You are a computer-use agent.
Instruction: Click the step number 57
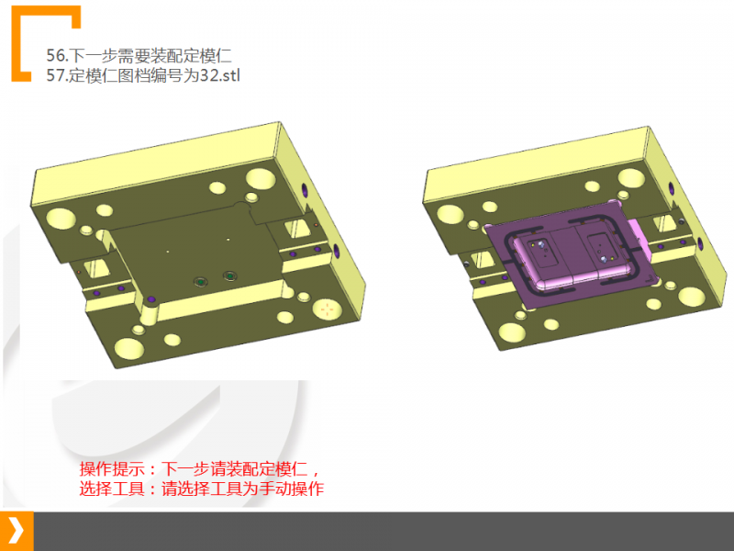57,74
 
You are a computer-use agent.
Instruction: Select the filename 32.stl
219,74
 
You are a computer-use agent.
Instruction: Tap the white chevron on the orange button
17,531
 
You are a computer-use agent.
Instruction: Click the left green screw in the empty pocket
199,280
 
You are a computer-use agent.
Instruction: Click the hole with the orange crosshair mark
326,309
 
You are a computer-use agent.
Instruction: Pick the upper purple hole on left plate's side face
304,190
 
